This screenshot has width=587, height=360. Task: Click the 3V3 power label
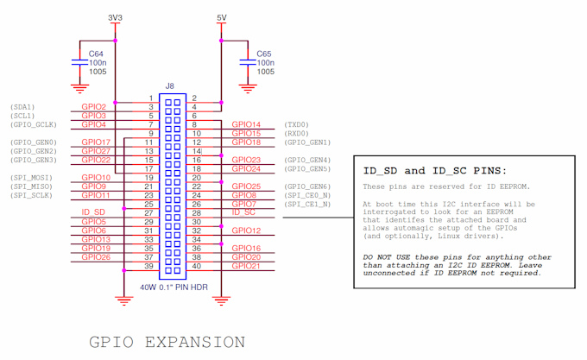click(116, 17)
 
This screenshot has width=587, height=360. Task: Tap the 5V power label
click(222, 17)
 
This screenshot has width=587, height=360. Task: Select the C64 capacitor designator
click(97, 54)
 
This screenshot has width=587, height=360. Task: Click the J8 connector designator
click(170, 85)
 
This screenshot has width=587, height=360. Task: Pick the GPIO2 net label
click(93, 107)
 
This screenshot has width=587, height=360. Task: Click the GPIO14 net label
click(246, 124)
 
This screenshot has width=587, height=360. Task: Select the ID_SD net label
click(93, 212)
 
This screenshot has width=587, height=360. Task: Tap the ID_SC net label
click(244, 212)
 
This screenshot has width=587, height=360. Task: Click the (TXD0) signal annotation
click(296, 124)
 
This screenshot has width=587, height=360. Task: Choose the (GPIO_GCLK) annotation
click(34, 124)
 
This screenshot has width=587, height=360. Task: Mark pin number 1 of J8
click(150, 98)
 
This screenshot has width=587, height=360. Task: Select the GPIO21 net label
click(246, 265)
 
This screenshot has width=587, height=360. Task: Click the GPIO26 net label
click(95, 256)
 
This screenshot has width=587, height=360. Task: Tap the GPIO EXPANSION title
click(167, 342)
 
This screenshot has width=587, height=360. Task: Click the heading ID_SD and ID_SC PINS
click(434, 170)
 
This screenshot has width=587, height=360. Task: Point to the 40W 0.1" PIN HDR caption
click(174, 287)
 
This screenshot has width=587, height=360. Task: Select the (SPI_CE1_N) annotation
click(307, 204)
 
